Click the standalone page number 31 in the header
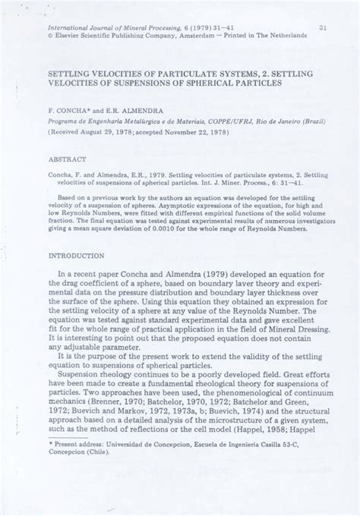click(x=323, y=28)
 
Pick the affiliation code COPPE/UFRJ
click(x=222, y=109)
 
